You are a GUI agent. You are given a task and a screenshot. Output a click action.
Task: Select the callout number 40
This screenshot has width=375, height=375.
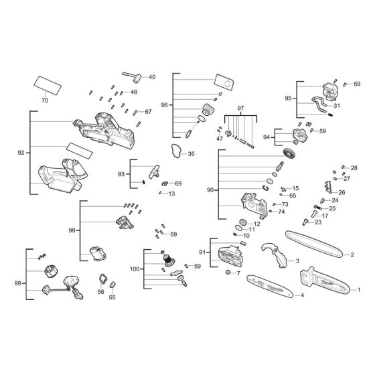(151, 77)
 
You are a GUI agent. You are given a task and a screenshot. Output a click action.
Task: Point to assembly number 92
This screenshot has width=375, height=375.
(21, 153)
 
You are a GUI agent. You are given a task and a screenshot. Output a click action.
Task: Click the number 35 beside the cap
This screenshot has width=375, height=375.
(191, 154)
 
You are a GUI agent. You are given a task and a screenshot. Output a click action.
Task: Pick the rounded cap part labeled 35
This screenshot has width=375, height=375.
(175, 151)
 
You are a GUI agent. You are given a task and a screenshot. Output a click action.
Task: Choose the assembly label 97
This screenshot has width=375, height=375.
(241, 108)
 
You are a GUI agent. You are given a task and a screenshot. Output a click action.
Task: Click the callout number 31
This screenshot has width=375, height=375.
(337, 105)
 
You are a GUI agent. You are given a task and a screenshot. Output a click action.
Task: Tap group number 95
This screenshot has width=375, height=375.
(288, 98)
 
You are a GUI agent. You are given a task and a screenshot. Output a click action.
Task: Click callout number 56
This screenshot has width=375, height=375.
(101, 292)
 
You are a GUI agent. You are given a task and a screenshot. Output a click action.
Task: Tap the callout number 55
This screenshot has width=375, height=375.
(112, 297)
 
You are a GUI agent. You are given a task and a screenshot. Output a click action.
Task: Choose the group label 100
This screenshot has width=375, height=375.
(135, 269)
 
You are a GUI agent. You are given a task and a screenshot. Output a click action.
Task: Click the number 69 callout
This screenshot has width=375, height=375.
(178, 183)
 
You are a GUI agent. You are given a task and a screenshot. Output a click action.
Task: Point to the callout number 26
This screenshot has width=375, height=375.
(342, 192)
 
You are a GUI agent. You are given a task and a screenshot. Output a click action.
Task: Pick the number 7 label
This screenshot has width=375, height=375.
(238, 274)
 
